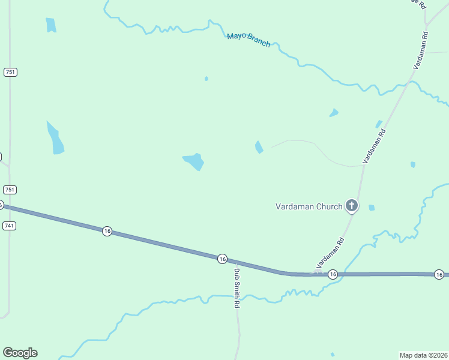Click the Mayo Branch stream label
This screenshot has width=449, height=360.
click(249, 40)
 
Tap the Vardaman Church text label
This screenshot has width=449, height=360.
click(309, 206)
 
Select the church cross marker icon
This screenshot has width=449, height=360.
click(352, 206)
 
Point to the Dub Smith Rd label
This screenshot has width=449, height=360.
click(237, 287)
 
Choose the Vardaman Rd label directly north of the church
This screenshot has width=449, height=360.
click(374, 146)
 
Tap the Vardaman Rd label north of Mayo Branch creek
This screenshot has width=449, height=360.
click(420, 50)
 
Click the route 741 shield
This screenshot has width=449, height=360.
click(9, 226)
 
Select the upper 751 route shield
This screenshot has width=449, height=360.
click(10, 72)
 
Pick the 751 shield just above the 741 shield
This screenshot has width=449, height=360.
click(10, 190)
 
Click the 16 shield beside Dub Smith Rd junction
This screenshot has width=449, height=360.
click(222, 259)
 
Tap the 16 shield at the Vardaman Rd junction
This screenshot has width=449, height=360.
click(333, 274)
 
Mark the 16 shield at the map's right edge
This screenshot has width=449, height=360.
click(439, 274)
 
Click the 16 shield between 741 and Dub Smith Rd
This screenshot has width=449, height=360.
click(107, 231)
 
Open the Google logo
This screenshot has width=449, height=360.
click(20, 353)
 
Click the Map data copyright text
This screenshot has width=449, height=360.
click(423, 355)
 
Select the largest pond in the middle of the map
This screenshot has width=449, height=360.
click(194, 161)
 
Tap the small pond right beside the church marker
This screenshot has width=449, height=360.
click(372, 208)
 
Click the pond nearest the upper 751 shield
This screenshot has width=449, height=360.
click(51, 25)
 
